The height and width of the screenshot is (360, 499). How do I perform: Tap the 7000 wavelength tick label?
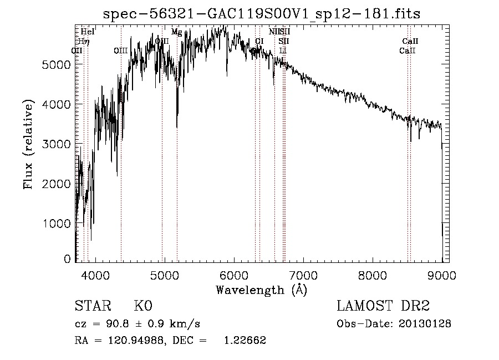pyautogui.click(x=303, y=274)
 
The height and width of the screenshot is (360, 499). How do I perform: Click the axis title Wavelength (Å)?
pyautogui.click(x=261, y=290)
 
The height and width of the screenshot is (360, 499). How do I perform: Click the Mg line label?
pyautogui.click(x=176, y=32)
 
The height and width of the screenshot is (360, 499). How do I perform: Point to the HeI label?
pyautogui.click(x=88, y=32)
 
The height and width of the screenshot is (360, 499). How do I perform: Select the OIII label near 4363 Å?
pyautogui.click(x=120, y=51)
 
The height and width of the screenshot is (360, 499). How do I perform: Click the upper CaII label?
pyautogui.click(x=410, y=41)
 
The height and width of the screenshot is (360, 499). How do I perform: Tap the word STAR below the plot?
pyautogui.click(x=92, y=306)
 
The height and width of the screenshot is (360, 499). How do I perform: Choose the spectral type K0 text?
pyautogui.click(x=142, y=306)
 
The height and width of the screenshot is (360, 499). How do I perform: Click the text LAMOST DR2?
pyautogui.click(x=383, y=306)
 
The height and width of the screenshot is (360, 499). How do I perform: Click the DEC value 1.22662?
pyautogui.click(x=245, y=341)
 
